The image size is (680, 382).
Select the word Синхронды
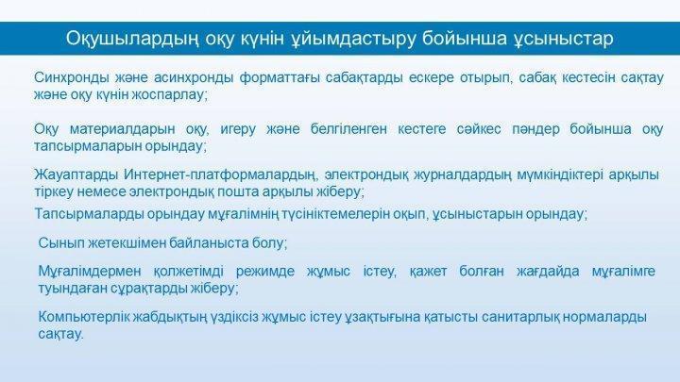(72, 78)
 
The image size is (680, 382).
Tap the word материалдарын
(122, 129)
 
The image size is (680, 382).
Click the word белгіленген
(348, 129)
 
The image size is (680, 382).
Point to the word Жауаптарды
(76, 175)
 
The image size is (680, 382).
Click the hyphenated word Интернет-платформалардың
(219, 175)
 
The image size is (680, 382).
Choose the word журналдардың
(463, 175)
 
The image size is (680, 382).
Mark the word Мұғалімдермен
(90, 272)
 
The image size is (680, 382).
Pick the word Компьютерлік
(84, 317)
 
